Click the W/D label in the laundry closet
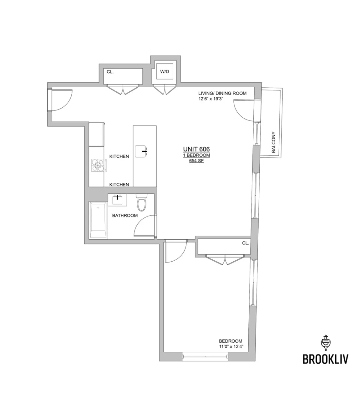tap(165, 72)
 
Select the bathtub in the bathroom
tap(98, 220)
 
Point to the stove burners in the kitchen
tap(98, 165)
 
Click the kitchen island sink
tap(141, 151)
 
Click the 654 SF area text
tap(196, 161)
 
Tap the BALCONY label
tap(273, 142)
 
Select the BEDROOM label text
tap(231, 341)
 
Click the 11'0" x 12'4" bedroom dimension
tap(231, 346)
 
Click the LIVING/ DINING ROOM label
tap(222, 93)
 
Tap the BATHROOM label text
tap(125, 215)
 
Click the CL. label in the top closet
tap(110, 72)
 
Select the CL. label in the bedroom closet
tap(245, 243)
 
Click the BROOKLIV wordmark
tap(325, 360)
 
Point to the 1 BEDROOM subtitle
tap(196, 155)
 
